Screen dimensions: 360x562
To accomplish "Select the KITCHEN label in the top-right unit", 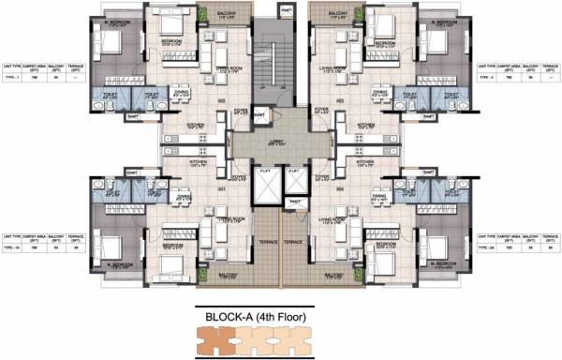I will [366, 123].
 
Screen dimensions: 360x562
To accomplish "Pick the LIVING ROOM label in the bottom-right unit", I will [333, 218].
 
